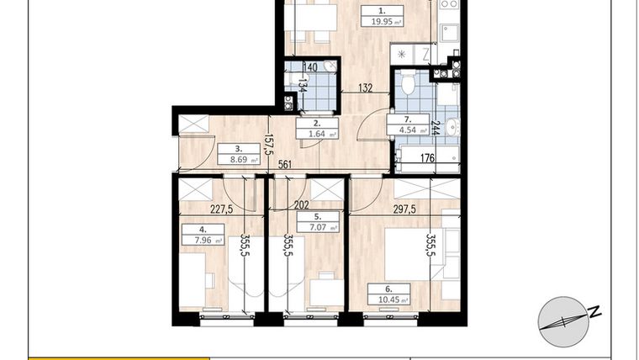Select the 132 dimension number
[366, 86]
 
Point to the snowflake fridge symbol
[402, 53]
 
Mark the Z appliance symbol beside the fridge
[426, 53]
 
